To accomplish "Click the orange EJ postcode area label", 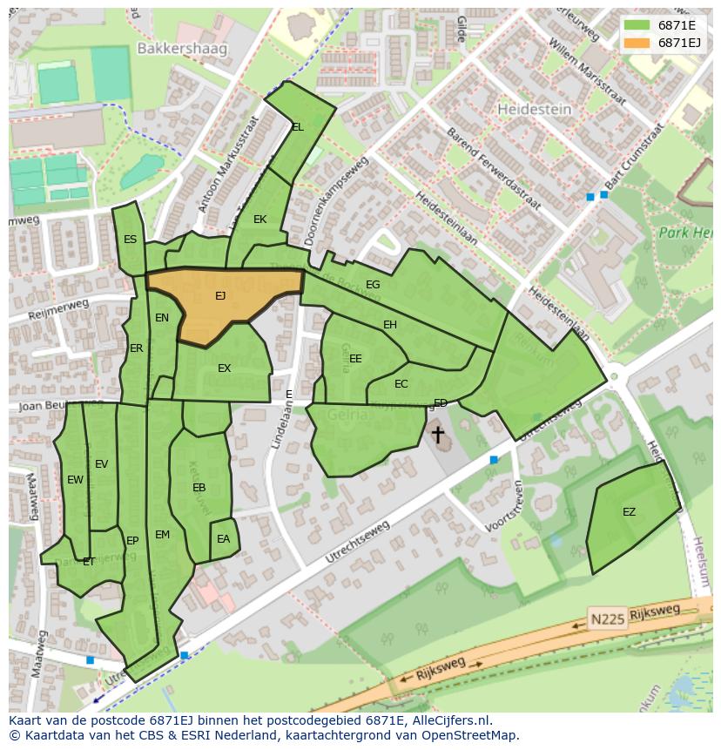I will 220,296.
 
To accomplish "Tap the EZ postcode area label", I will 629,512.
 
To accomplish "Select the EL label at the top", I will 298,127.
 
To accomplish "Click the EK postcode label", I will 259,220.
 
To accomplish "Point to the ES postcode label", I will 130,240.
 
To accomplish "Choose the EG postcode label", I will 373,285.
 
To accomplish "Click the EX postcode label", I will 224,368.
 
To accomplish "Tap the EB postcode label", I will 199,488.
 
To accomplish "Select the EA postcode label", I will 223,539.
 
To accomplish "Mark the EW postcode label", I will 75,480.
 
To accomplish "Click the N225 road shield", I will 606,618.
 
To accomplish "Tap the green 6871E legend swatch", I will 637,24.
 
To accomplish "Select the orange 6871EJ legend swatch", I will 637,42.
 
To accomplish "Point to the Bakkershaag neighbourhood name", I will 181,49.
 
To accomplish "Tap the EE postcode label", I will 355,358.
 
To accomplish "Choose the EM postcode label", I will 162,535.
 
